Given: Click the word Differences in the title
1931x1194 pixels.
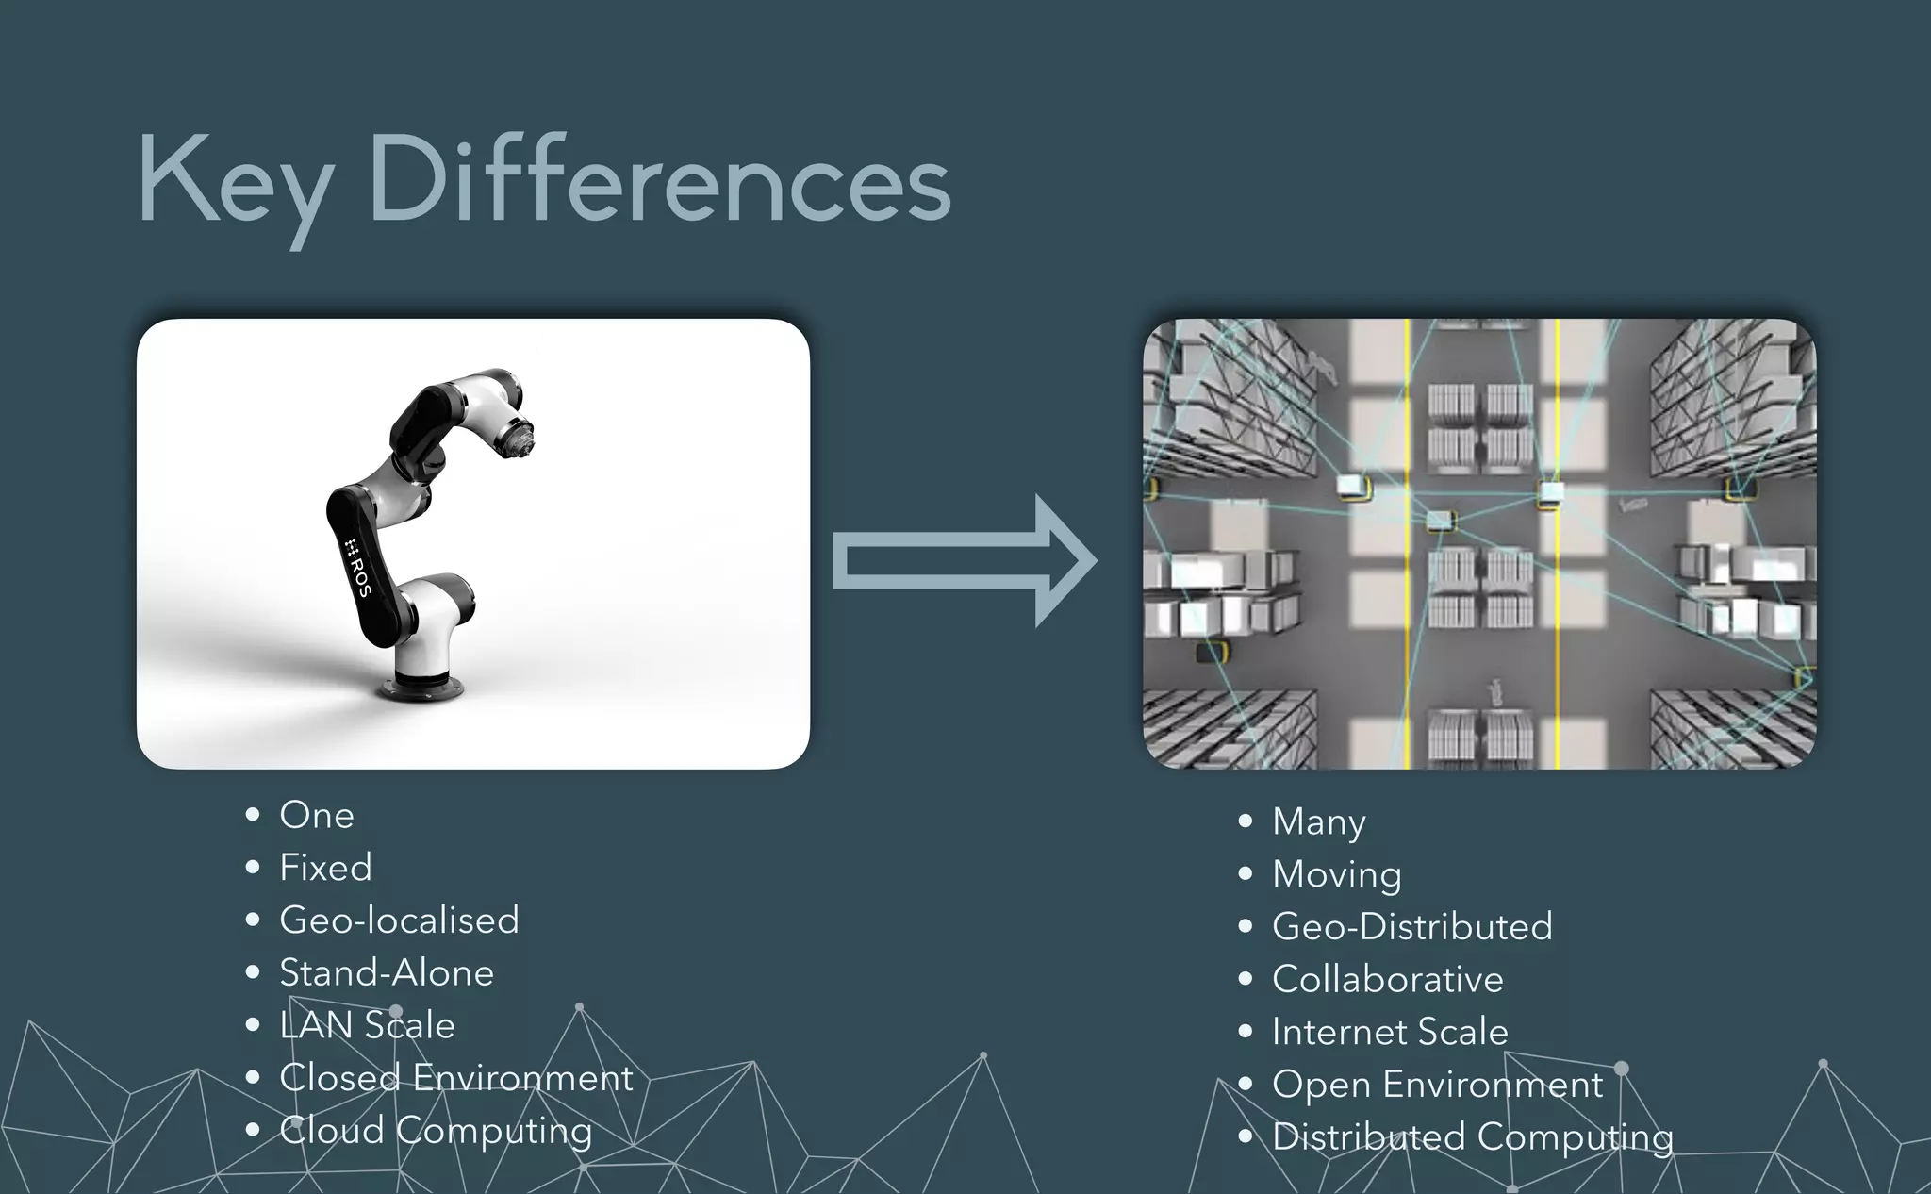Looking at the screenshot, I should pyautogui.click(x=660, y=179).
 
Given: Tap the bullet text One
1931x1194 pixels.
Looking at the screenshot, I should pyautogui.click(x=316, y=816).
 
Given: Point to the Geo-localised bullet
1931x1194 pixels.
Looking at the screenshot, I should pyautogui.click(x=399, y=920).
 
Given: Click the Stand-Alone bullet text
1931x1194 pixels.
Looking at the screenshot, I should pyautogui.click(x=387, y=973).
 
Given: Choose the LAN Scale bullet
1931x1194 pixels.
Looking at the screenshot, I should pyautogui.click(x=367, y=1026).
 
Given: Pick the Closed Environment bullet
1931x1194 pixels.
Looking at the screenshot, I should pyautogui.click(x=456, y=1078).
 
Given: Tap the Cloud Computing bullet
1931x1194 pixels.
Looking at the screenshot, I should pyautogui.click(x=436, y=1131).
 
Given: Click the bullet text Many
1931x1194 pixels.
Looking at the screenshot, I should pyautogui.click(x=1318, y=822).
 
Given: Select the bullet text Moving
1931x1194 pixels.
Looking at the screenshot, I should pyautogui.click(x=1336, y=874).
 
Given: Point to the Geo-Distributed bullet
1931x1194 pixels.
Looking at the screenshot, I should pyautogui.click(x=1411, y=927).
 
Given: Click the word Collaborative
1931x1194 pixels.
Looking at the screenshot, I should pyautogui.click(x=1387, y=980).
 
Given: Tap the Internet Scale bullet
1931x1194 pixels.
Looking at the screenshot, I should pyautogui.click(x=1390, y=1032).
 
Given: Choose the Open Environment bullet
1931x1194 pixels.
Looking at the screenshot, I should pyautogui.click(x=1437, y=1085).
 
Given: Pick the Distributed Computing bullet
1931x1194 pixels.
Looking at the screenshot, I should pyautogui.click(x=1472, y=1137).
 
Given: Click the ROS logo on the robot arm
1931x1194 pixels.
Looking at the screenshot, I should pyautogui.click(x=357, y=566).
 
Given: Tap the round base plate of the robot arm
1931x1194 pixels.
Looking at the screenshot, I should pyautogui.click(x=421, y=688).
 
